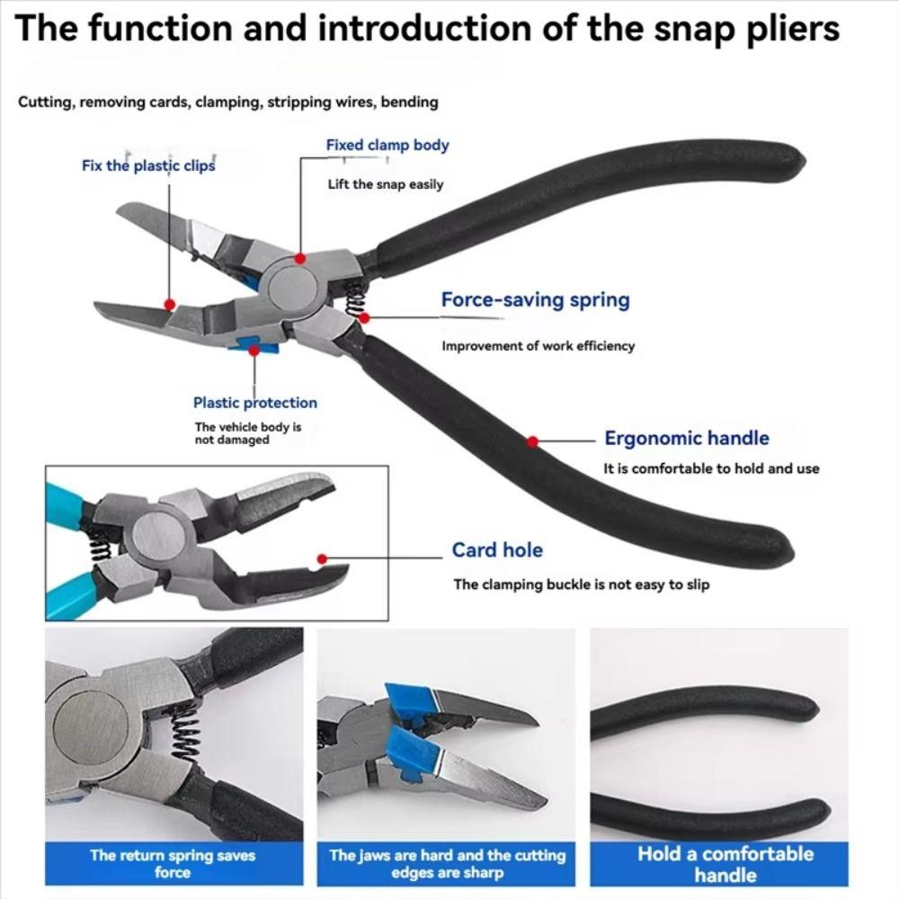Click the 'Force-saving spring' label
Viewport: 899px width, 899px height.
pyautogui.click(x=535, y=300)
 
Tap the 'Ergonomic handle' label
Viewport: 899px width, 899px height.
pyautogui.click(x=686, y=439)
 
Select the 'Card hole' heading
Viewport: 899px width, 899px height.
pyautogui.click(x=497, y=550)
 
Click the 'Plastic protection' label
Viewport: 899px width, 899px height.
pyautogui.click(x=254, y=403)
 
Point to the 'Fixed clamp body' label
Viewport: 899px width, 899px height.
pyautogui.click(x=387, y=145)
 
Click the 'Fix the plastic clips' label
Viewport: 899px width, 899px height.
pyautogui.click(x=148, y=165)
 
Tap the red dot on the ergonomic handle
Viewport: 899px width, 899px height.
pyautogui.click(x=533, y=441)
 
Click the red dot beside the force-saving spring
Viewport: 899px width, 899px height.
pyautogui.click(x=364, y=316)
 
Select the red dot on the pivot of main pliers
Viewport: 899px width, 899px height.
pyautogui.click(x=300, y=258)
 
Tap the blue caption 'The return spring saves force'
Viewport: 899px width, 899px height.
pyautogui.click(x=173, y=863)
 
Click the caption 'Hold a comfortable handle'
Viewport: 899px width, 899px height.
pyautogui.click(x=725, y=863)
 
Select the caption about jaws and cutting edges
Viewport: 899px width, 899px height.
pyautogui.click(x=447, y=863)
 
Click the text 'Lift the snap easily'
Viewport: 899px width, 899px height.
pyautogui.click(x=385, y=184)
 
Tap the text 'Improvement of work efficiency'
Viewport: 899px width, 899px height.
pyautogui.click(x=538, y=346)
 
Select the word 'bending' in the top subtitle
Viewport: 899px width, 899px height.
pyautogui.click(x=409, y=102)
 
